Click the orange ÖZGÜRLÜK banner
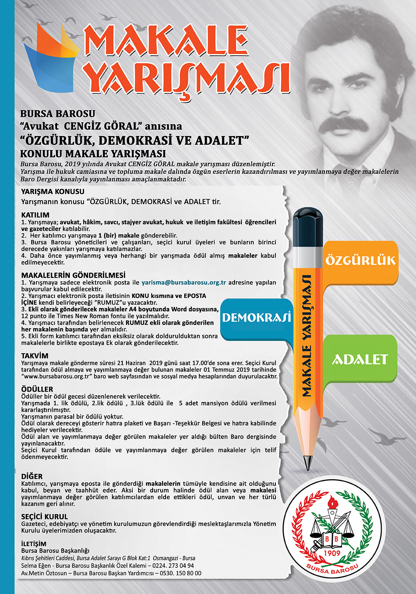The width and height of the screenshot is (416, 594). coord(360,261)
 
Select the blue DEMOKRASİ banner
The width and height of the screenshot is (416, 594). coord(256,318)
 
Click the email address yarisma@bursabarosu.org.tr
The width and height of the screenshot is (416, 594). coord(183,282)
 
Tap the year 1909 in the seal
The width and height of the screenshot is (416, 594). coord(332,553)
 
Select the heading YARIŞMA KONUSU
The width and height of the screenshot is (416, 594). coord(52,192)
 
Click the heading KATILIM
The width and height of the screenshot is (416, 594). coord(35,215)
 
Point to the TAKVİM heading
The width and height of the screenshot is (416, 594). coord(35,356)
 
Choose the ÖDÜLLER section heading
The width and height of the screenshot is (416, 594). coord(37,389)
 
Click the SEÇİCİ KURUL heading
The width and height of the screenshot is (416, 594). coord(45,517)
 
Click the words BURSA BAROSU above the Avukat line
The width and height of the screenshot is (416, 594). coord(58,114)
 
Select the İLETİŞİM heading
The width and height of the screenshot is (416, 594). coord(34,544)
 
